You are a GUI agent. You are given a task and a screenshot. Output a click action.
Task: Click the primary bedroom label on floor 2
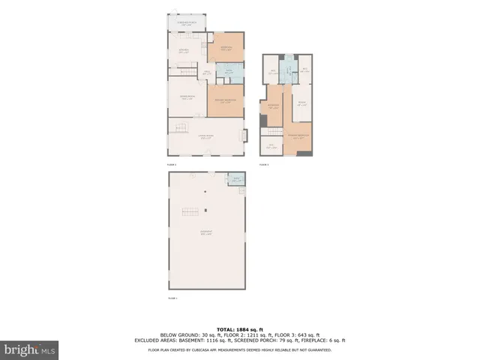226,101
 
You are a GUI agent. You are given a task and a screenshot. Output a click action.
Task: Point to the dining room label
186,97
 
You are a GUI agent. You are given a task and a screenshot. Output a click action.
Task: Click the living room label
203,136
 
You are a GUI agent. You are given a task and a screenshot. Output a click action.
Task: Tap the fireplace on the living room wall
241,136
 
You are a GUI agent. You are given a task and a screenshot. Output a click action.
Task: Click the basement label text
205,233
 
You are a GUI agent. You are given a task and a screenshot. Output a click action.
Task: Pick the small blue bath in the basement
236,179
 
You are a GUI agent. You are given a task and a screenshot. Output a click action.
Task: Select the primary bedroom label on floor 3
298,137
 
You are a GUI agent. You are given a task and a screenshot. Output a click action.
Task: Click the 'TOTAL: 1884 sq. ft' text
240,328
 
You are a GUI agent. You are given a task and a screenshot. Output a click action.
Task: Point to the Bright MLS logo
30,349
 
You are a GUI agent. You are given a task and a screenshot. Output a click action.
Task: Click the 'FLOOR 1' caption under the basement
172,299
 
